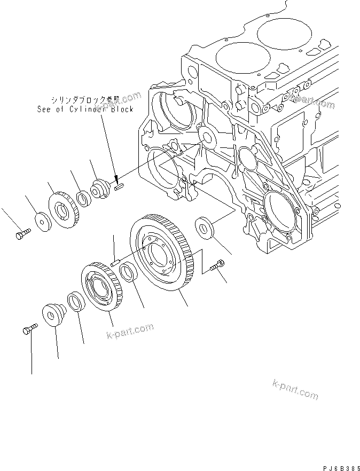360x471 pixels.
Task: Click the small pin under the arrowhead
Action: coord(119,186)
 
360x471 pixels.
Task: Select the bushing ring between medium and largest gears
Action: coord(128,273)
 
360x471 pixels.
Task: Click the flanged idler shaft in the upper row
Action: coord(100,189)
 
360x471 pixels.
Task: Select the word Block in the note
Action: coord(121,109)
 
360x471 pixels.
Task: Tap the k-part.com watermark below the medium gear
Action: coord(127,332)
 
